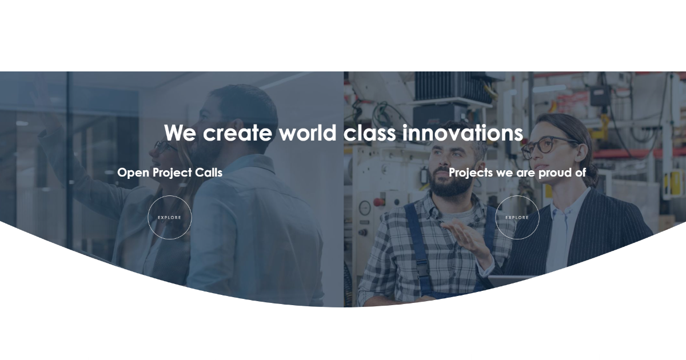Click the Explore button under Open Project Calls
click(170, 217)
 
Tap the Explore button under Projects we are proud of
click(517, 217)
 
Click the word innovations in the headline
click(462, 133)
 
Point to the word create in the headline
click(238, 133)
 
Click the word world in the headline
click(308, 133)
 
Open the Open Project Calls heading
click(170, 172)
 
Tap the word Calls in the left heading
click(209, 172)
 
